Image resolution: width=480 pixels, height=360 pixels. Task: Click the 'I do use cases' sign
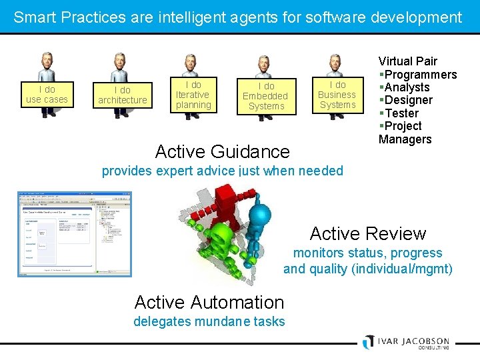click(x=47, y=95)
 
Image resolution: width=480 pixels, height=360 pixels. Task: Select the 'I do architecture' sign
click(x=122, y=95)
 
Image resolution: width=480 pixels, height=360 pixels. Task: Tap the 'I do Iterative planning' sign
click(x=193, y=95)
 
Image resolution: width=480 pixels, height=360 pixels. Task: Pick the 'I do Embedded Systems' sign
click(x=265, y=96)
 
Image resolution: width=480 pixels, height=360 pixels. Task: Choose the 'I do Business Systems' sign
click(x=337, y=95)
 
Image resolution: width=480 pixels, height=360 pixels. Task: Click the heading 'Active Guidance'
click(x=223, y=151)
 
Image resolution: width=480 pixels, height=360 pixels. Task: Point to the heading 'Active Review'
click(x=367, y=233)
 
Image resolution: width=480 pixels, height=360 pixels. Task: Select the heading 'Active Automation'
click(x=209, y=302)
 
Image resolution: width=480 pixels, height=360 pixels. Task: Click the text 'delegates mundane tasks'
click(x=209, y=322)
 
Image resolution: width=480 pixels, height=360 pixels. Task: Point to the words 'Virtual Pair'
click(x=408, y=61)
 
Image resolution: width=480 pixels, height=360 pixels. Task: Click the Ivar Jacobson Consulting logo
click(x=406, y=341)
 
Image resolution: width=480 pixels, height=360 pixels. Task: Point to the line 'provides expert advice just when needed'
click(x=223, y=171)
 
